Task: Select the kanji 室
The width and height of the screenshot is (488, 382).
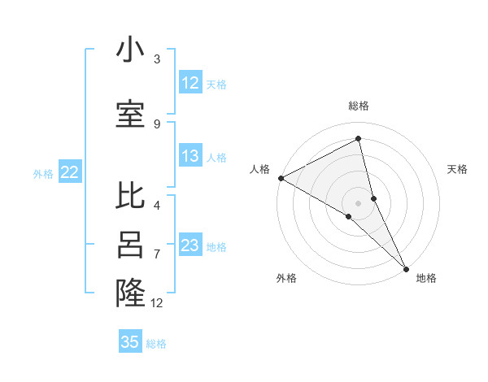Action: [130, 115]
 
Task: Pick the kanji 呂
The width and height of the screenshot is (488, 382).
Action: [130, 246]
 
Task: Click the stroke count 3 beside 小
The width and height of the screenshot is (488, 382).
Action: [157, 59]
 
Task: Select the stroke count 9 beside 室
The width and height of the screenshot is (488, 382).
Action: [157, 124]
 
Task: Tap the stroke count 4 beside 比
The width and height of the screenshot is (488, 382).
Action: [157, 205]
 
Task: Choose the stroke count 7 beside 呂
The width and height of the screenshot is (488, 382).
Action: [157, 254]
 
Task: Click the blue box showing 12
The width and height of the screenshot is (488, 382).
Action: [190, 83]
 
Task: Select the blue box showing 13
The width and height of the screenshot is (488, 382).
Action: [190, 157]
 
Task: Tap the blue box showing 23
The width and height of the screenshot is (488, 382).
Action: [190, 245]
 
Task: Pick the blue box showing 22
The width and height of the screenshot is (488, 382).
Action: [70, 171]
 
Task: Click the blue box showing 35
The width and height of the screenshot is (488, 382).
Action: [130, 342]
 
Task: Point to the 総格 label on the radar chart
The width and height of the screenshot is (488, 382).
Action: [359, 106]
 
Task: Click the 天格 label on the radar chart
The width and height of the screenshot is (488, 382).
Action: [458, 169]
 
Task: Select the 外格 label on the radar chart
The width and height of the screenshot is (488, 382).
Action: [286, 278]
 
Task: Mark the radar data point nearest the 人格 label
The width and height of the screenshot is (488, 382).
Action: [281, 178]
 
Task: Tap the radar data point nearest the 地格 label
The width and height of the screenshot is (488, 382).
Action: [405, 267]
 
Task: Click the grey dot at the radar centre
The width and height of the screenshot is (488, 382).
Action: [358, 202]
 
